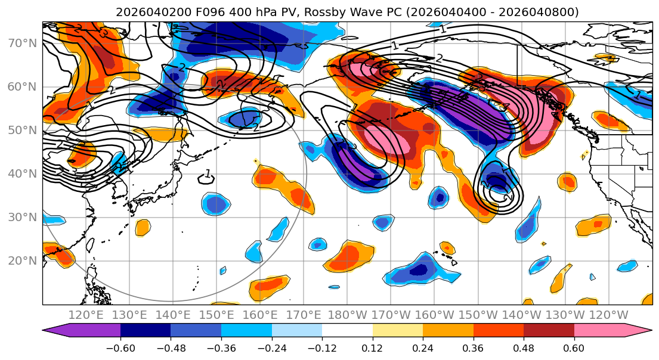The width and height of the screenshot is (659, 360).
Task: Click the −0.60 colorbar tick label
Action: click(120, 349)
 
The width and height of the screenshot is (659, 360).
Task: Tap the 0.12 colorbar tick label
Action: click(373, 349)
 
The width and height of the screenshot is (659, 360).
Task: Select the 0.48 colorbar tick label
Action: click(524, 349)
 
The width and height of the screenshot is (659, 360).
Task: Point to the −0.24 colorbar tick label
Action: click(271, 349)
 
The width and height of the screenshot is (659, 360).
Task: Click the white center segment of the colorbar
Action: click(347, 332)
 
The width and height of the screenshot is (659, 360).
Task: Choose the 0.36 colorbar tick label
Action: click(474, 349)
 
